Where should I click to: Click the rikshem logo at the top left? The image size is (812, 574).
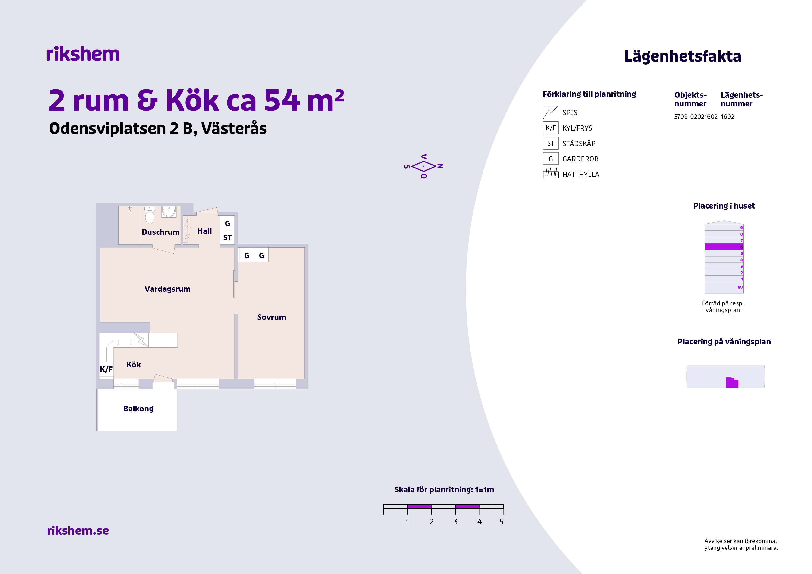pyautogui.click(x=83, y=54)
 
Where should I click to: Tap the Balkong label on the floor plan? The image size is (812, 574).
pyautogui.click(x=138, y=409)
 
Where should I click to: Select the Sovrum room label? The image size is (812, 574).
pyautogui.click(x=272, y=317)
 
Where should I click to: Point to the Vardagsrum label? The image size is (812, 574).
pyautogui.click(x=168, y=289)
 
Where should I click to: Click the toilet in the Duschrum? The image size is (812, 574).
pyautogui.click(x=150, y=215)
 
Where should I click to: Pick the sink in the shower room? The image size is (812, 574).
pyautogui.click(x=169, y=212)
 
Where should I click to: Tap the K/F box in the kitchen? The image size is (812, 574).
pyautogui.click(x=106, y=369)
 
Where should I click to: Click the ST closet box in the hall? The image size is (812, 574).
pyautogui.click(x=227, y=237)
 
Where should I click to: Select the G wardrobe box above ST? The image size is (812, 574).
pyautogui.click(x=227, y=223)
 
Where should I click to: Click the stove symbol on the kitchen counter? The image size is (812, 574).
pyautogui.click(x=141, y=340)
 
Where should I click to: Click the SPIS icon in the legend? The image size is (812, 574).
pyautogui.click(x=550, y=112)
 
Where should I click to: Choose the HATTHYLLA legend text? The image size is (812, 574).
pyautogui.click(x=581, y=174)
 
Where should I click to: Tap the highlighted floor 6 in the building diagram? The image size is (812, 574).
pyautogui.click(x=724, y=247)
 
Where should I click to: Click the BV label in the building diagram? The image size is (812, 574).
pyautogui.click(x=740, y=288)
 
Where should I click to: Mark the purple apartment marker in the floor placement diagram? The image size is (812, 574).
pyautogui.click(x=732, y=383)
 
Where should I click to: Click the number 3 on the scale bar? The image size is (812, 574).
pyautogui.click(x=455, y=522)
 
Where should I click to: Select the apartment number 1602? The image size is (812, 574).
pyautogui.click(x=727, y=117)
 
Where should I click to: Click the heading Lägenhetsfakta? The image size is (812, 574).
pyautogui.click(x=683, y=56)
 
